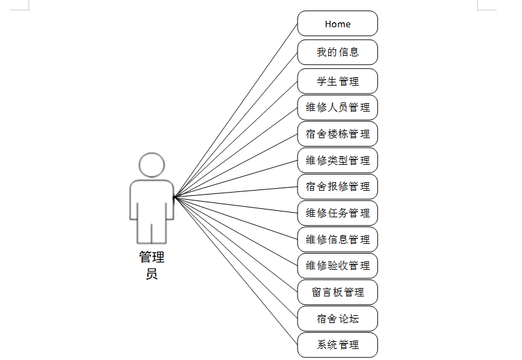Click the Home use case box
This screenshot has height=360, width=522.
337,24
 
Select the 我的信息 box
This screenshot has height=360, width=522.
337,52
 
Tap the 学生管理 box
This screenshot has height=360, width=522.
337,81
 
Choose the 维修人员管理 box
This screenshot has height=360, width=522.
337,107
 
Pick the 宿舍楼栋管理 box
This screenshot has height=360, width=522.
337,134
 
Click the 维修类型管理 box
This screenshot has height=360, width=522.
337,160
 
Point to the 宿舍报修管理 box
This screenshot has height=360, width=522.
337,187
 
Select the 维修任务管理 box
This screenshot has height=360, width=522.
337,213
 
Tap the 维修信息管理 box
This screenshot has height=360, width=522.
337,239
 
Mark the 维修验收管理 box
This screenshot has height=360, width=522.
337,266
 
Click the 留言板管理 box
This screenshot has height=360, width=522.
337,293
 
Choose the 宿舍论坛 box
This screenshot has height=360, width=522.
337,318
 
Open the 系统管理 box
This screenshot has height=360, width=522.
337,344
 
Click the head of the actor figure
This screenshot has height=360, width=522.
152,165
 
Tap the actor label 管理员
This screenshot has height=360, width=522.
152,265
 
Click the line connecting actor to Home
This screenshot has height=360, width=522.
236,110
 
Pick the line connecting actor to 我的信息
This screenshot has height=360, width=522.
236,124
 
